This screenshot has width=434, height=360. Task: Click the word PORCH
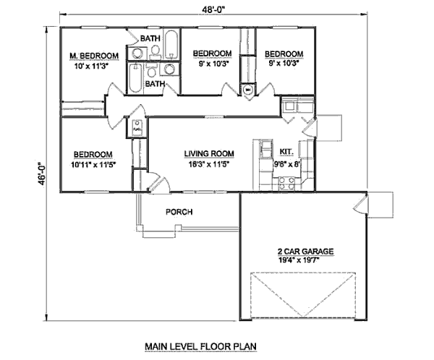click(x=179, y=212)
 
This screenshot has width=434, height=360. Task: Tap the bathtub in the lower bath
click(x=136, y=78)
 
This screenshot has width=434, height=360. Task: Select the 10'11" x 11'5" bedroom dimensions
click(x=92, y=165)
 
